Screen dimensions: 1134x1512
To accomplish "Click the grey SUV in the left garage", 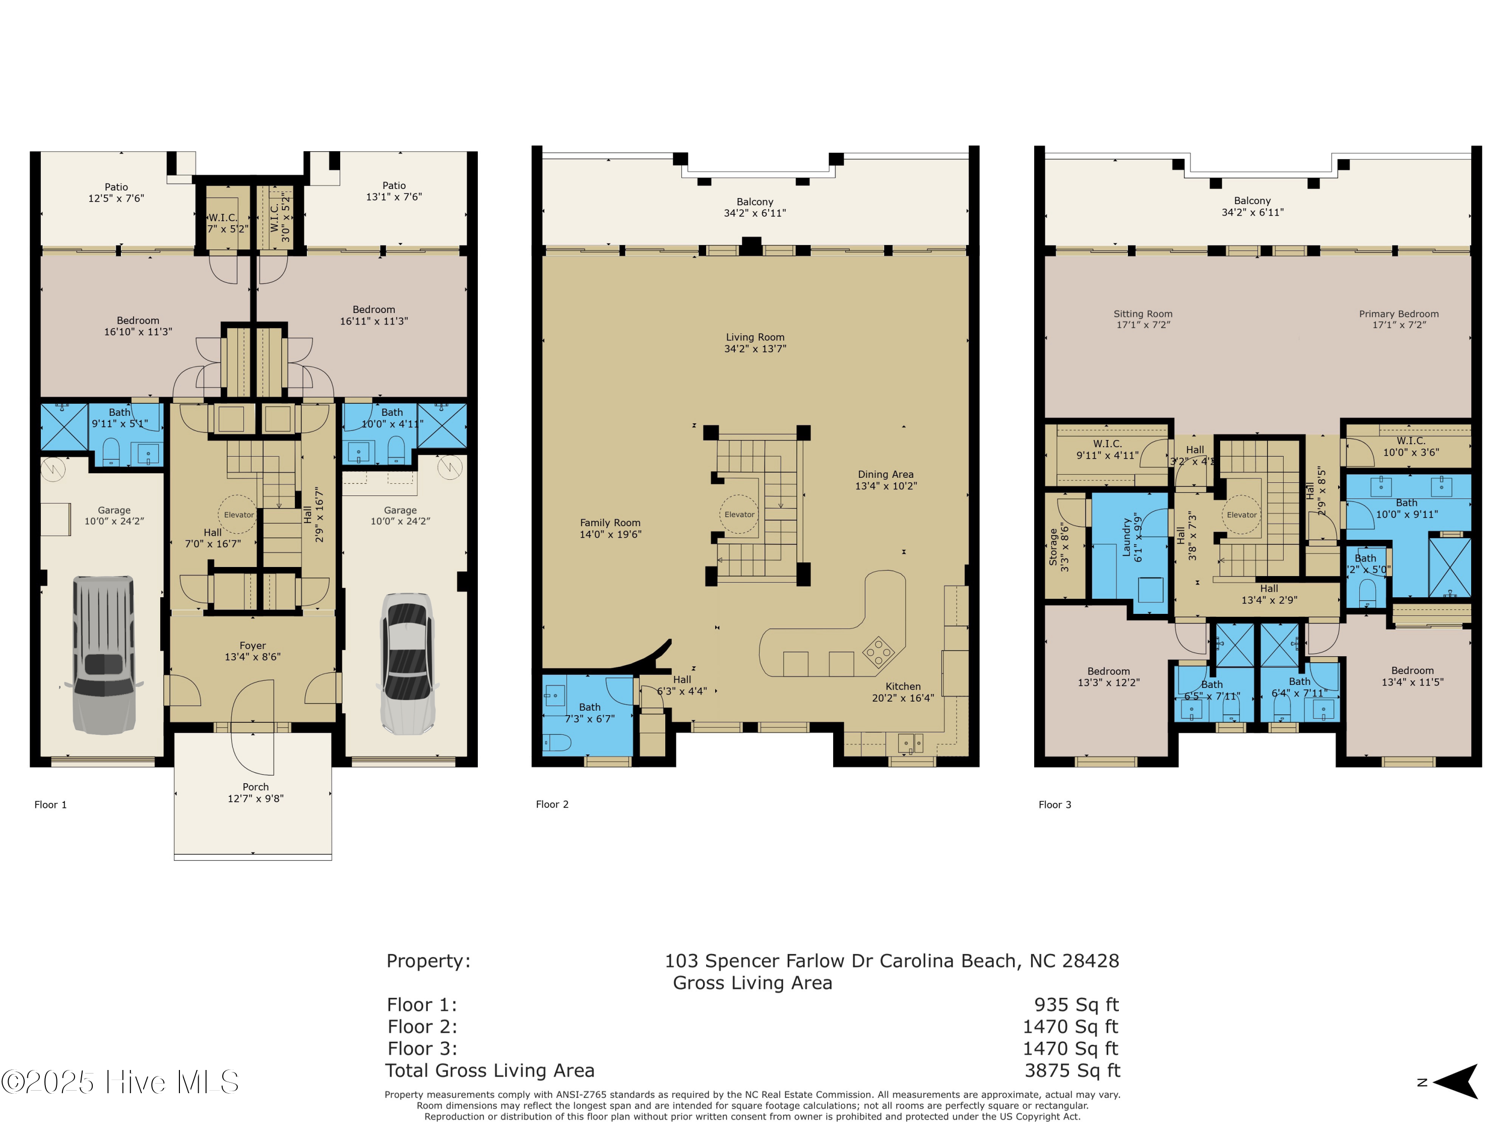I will (104, 654).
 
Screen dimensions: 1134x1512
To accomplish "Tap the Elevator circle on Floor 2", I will (739, 514).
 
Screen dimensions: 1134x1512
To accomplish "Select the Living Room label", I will (754, 337).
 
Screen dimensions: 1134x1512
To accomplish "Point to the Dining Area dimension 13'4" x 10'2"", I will (886, 486).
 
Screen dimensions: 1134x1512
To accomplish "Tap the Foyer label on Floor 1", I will (252, 645).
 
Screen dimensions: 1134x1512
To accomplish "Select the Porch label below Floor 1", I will (255, 787).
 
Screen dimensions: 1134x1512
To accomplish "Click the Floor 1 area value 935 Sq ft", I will (1076, 1005).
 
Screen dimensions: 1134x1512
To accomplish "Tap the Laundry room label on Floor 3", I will (1126, 537).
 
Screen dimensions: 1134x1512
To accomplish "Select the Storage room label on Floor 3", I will (1053, 547).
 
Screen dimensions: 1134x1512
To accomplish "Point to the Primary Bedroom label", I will (1399, 314).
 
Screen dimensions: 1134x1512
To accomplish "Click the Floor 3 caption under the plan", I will (1055, 804).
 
